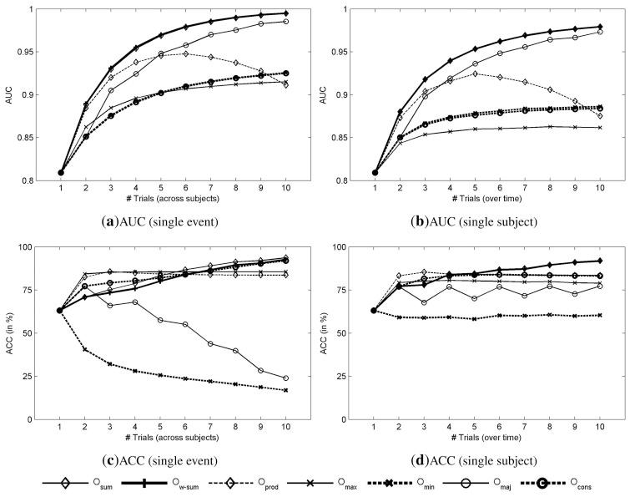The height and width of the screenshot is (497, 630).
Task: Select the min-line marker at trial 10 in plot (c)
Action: pos(288,390)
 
